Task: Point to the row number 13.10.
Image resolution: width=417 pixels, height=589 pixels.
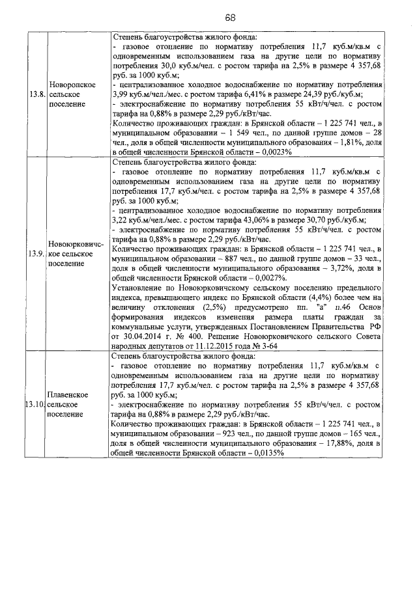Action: (x=35, y=404)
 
